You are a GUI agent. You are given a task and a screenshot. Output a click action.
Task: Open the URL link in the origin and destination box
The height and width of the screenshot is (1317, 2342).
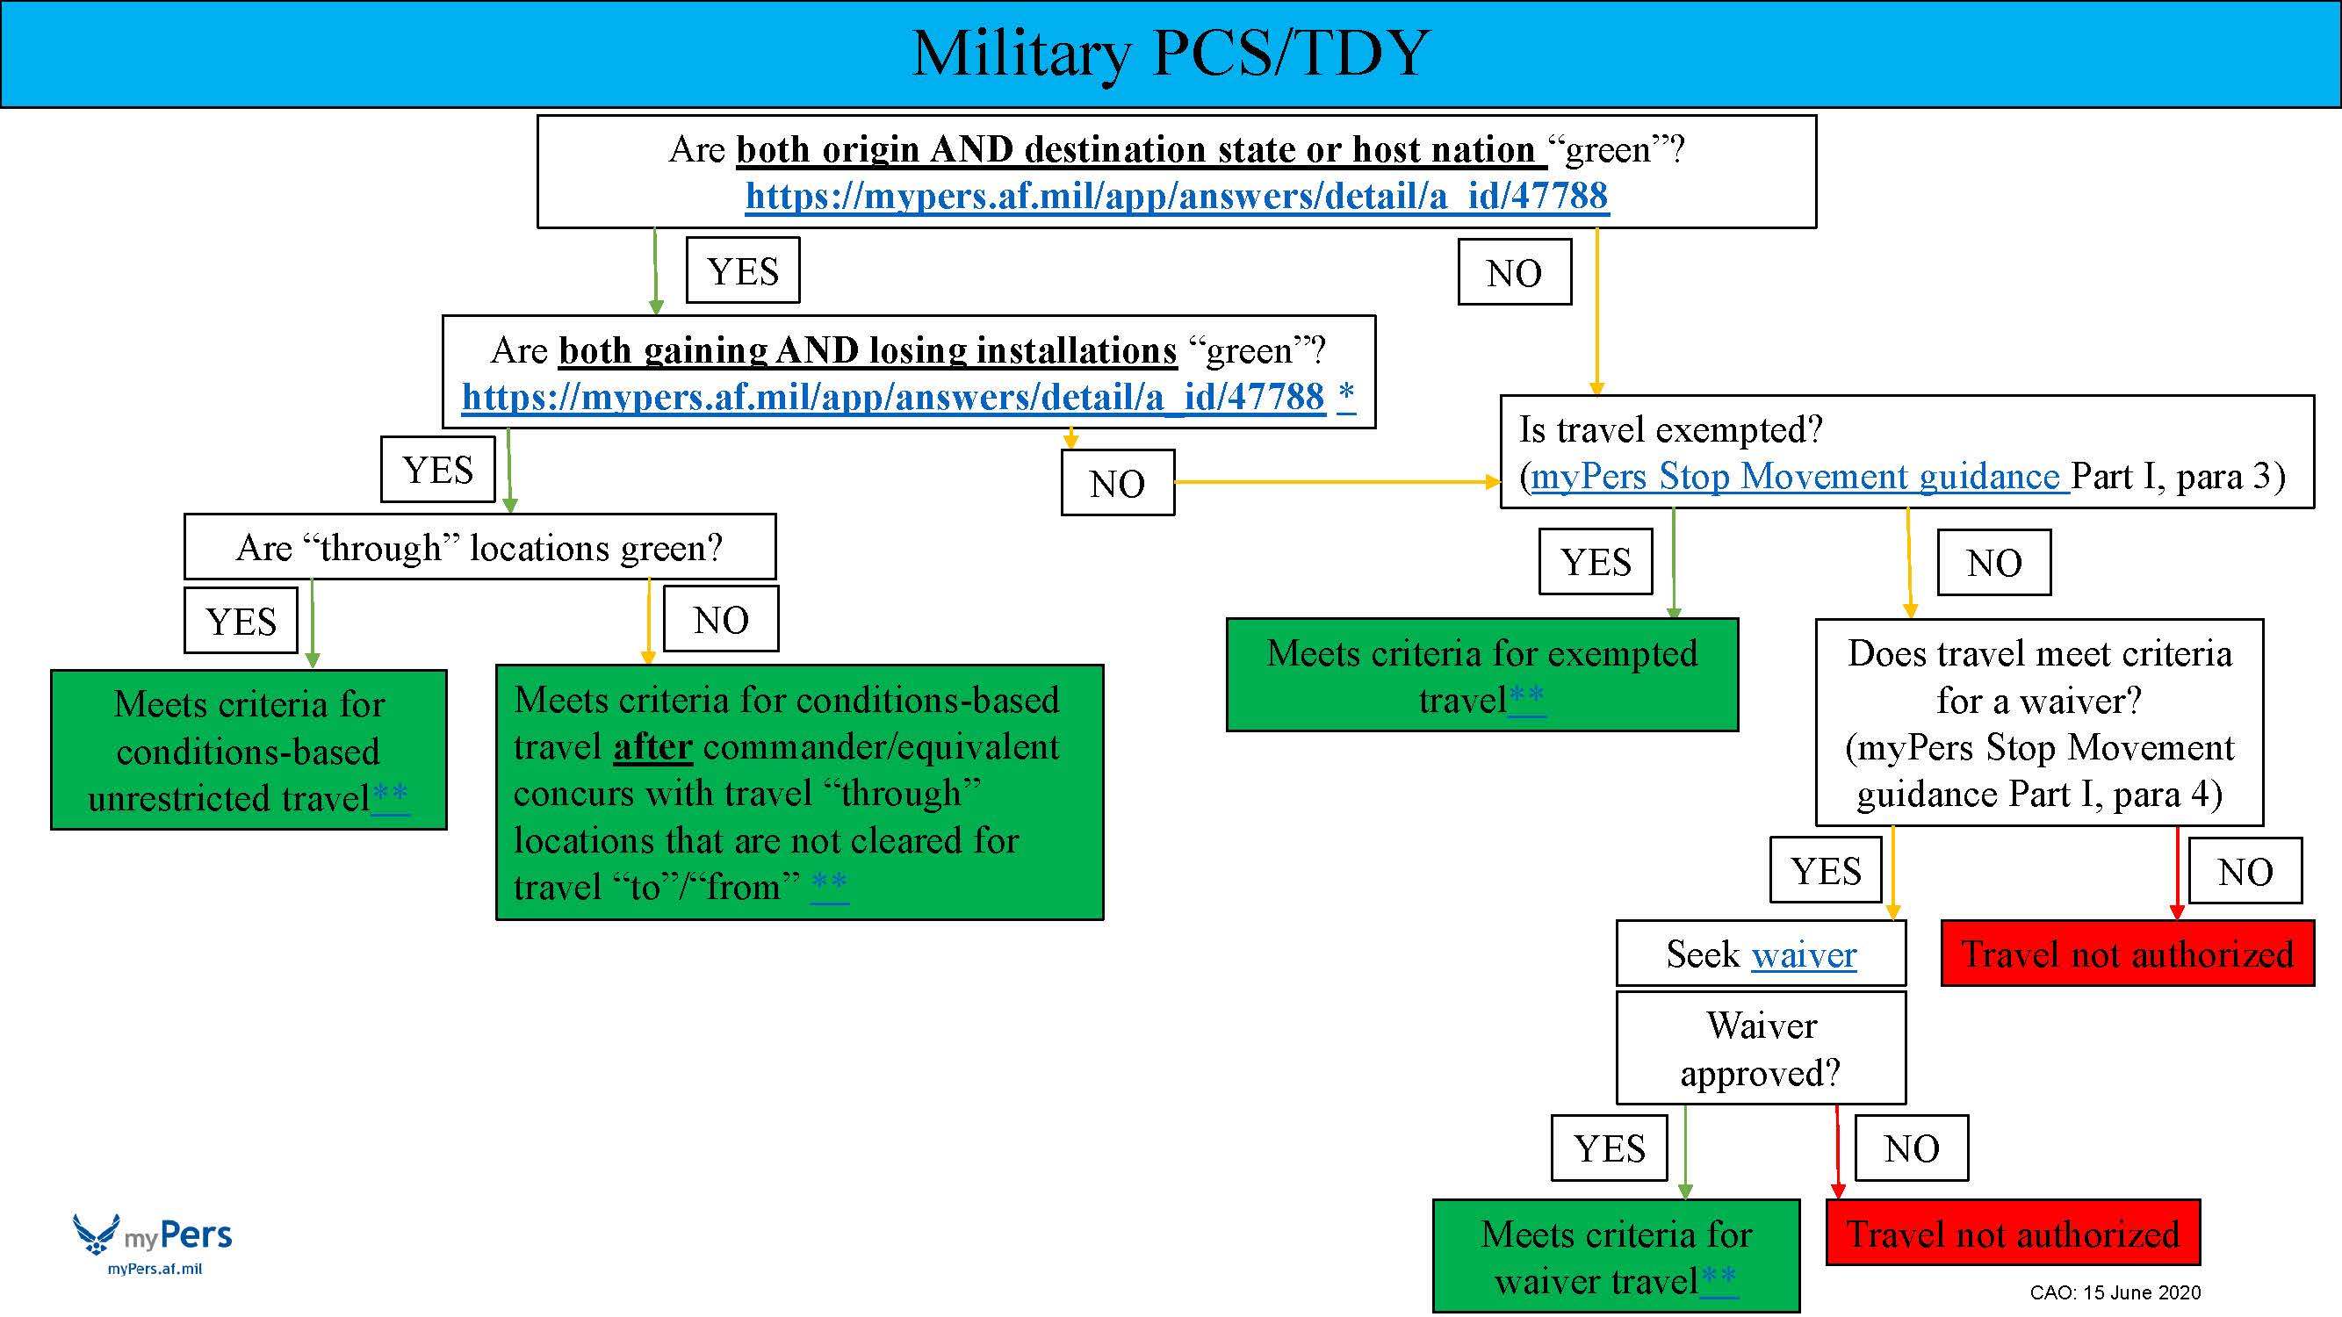point(1177,196)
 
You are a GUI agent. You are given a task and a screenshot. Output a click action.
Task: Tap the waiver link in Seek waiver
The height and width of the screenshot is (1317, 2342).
point(1804,954)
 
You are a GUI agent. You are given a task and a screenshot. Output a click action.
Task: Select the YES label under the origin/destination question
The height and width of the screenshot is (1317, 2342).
point(743,270)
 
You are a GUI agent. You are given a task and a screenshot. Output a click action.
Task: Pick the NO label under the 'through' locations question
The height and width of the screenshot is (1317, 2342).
point(721,620)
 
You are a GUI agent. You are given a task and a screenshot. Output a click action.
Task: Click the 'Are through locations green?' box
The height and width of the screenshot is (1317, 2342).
point(479,547)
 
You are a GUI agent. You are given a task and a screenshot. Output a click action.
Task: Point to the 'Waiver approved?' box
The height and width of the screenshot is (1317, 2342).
point(1760,1048)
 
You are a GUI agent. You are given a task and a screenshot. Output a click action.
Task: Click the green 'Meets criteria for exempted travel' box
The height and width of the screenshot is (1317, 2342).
point(1481,675)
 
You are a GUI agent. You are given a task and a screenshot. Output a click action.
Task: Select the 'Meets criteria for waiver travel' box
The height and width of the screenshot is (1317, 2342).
point(1616,1256)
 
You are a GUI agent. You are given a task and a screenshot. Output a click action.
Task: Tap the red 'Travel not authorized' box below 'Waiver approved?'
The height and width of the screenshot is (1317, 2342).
point(2013,1234)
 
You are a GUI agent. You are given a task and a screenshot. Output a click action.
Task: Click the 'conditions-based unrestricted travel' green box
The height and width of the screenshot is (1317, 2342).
point(249,750)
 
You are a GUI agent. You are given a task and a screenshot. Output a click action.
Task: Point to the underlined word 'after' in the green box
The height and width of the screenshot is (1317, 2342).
point(652,747)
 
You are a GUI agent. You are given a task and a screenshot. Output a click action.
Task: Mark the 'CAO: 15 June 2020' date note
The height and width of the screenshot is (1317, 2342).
point(2115,1292)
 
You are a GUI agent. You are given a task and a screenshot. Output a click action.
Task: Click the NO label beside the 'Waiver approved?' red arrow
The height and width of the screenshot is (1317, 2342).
point(1911,1148)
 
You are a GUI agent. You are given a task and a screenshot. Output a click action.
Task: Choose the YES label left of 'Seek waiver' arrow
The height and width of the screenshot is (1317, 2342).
point(1826,871)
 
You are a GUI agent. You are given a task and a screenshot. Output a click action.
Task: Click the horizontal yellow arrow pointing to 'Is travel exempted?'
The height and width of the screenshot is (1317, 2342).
point(1337,482)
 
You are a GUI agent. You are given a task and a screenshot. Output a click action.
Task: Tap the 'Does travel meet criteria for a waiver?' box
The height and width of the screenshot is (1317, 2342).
point(2038,723)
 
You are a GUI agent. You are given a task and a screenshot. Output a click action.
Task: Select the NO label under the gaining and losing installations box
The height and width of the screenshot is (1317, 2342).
point(1117,484)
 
